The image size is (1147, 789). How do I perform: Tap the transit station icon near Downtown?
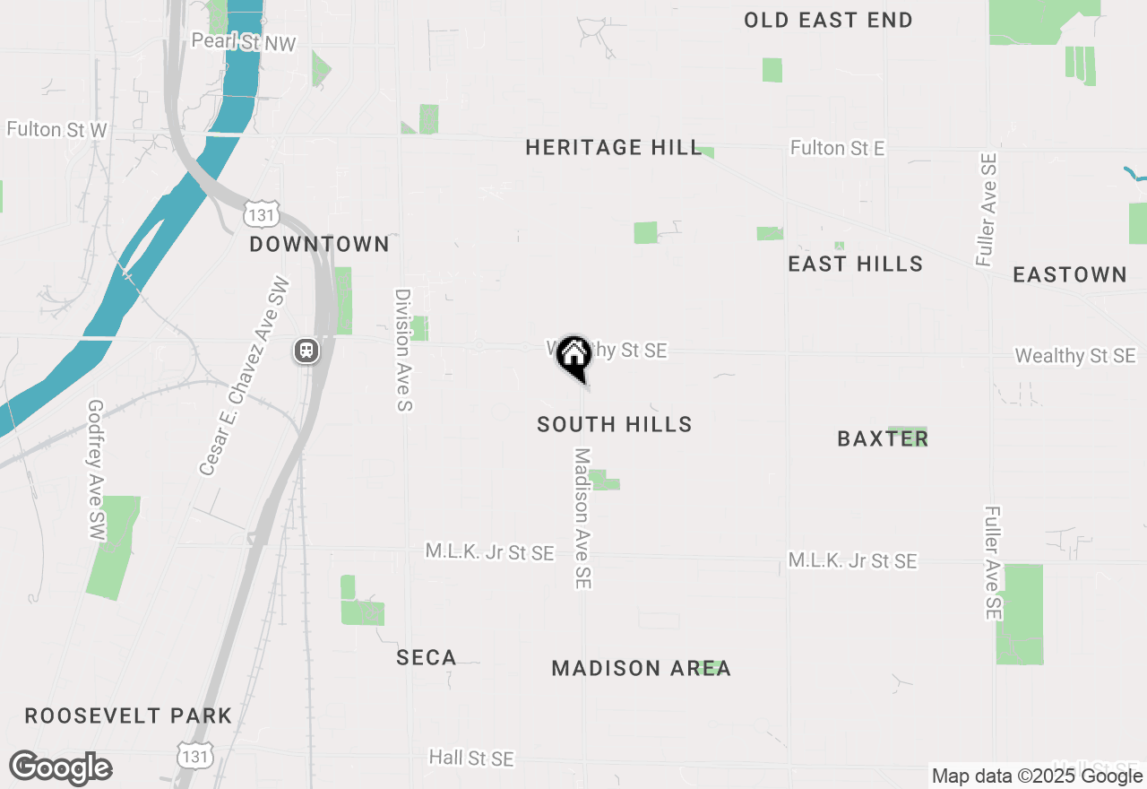(x=306, y=351)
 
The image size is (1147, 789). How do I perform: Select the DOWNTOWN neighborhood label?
(x=319, y=244)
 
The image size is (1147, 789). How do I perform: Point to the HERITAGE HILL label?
(x=613, y=147)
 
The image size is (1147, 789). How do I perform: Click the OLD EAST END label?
(x=828, y=20)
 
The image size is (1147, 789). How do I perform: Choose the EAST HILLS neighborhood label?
(x=855, y=264)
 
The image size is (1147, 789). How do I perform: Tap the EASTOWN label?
(x=1070, y=274)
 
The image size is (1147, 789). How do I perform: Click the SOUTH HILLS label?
(x=615, y=424)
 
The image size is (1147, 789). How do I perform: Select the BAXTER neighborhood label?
(x=883, y=438)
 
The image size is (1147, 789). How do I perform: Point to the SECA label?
(x=427, y=658)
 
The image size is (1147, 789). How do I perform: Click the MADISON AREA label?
(x=641, y=668)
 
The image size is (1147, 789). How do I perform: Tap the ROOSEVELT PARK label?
(x=128, y=715)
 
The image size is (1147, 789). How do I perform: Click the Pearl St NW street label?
(x=244, y=42)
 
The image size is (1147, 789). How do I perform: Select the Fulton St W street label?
(x=56, y=130)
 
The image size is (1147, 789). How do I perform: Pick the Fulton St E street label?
(x=838, y=148)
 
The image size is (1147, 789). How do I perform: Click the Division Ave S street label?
(x=403, y=350)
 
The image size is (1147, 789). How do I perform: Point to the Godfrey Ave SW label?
(x=97, y=470)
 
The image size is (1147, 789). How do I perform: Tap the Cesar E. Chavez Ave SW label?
(x=245, y=377)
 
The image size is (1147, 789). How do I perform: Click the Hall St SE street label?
(x=471, y=759)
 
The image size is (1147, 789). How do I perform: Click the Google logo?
(x=61, y=768)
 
